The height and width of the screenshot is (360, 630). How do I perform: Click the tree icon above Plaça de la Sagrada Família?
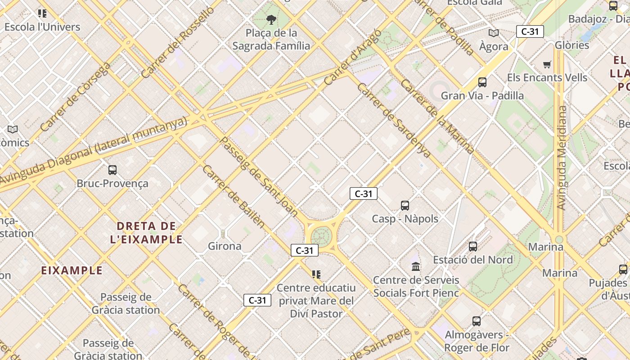coord(271,19)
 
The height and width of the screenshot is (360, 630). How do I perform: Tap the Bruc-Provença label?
coord(112,184)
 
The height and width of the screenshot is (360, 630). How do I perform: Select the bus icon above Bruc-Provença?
coord(112,170)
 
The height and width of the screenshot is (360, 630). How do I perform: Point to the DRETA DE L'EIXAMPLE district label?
coord(146,232)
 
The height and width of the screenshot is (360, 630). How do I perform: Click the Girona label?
coord(225,246)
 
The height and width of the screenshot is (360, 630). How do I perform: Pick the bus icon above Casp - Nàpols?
coord(405,206)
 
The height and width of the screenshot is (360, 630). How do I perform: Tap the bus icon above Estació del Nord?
coord(473,246)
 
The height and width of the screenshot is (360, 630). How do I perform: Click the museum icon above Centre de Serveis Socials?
coord(416,267)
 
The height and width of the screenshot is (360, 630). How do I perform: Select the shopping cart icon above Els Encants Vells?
coord(547,64)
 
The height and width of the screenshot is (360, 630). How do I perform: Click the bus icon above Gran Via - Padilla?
coord(482,82)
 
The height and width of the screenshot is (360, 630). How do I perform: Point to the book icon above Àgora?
coord(494,33)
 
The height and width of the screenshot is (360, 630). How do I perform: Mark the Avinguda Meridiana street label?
coord(562,157)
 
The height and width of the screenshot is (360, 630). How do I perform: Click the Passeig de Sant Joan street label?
coord(259,176)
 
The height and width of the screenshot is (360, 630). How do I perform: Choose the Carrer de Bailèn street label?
coord(233,196)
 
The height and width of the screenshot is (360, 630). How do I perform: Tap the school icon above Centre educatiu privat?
coord(316,274)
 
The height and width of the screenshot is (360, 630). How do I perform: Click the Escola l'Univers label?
coord(42,27)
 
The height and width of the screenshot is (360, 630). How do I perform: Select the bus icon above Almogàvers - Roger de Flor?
coord(477,321)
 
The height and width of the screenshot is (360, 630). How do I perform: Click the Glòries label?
coord(572,45)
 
